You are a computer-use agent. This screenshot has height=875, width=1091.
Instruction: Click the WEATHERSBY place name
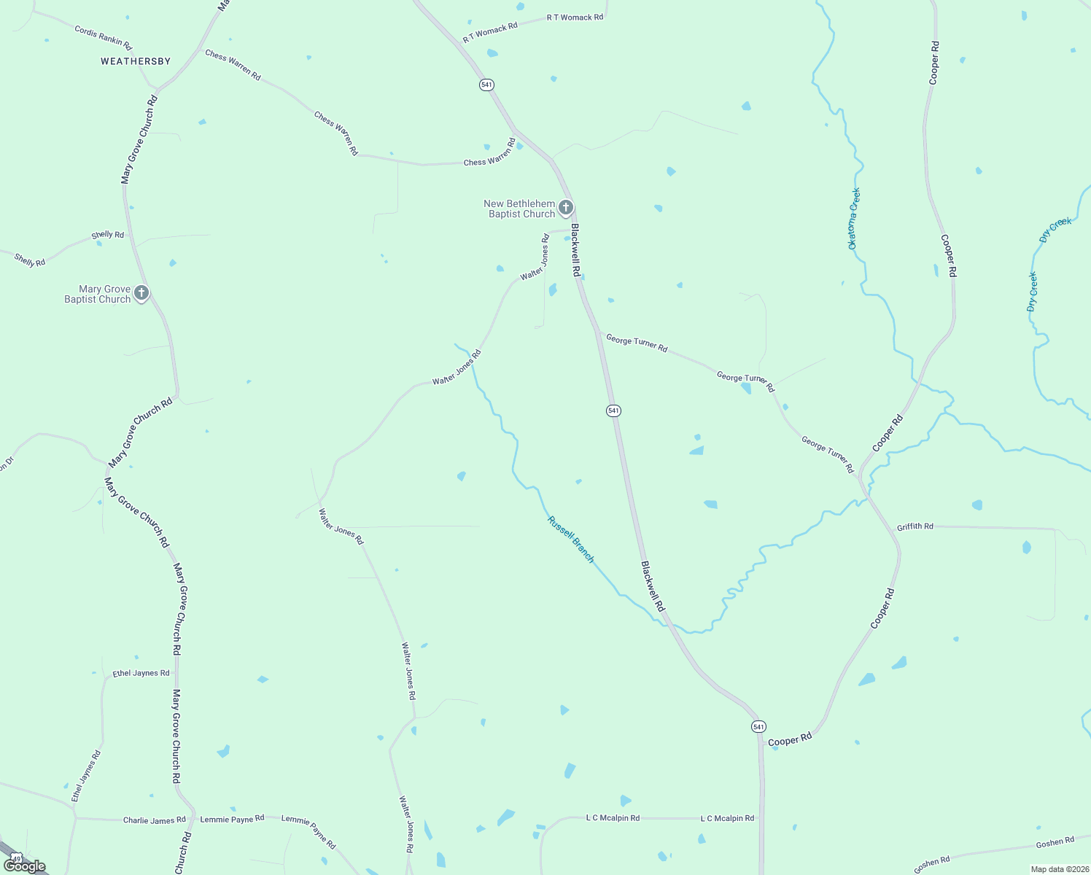click(136, 61)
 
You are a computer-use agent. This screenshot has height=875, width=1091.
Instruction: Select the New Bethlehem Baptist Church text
click(520, 209)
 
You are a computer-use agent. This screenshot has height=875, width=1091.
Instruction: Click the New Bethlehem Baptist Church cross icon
click(566, 209)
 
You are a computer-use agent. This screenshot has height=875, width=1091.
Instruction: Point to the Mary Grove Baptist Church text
click(98, 295)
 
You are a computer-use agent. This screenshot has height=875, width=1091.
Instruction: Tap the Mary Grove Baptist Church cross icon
click(141, 293)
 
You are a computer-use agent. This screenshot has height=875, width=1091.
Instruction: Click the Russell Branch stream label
click(571, 540)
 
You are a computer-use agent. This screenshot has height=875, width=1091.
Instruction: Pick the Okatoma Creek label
click(854, 219)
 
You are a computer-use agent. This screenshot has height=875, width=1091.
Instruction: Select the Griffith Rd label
click(915, 526)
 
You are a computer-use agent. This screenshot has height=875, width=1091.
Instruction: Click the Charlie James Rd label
click(154, 820)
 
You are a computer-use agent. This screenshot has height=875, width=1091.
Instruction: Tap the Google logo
click(25, 866)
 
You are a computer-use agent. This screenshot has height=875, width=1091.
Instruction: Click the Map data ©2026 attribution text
click(1059, 869)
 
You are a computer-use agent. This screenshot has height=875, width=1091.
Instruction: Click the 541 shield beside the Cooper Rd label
click(758, 727)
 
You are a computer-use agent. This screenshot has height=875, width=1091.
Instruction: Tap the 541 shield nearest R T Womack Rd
click(486, 85)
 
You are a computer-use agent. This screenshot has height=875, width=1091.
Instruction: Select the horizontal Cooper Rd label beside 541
click(790, 740)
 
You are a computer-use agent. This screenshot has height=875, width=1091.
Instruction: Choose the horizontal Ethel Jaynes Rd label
click(141, 673)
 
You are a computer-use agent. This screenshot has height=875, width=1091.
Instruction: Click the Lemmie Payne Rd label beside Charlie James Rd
click(232, 820)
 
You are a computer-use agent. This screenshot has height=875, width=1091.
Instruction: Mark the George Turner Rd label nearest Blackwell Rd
click(637, 343)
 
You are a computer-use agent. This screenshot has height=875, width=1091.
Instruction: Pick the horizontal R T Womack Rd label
click(575, 17)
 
